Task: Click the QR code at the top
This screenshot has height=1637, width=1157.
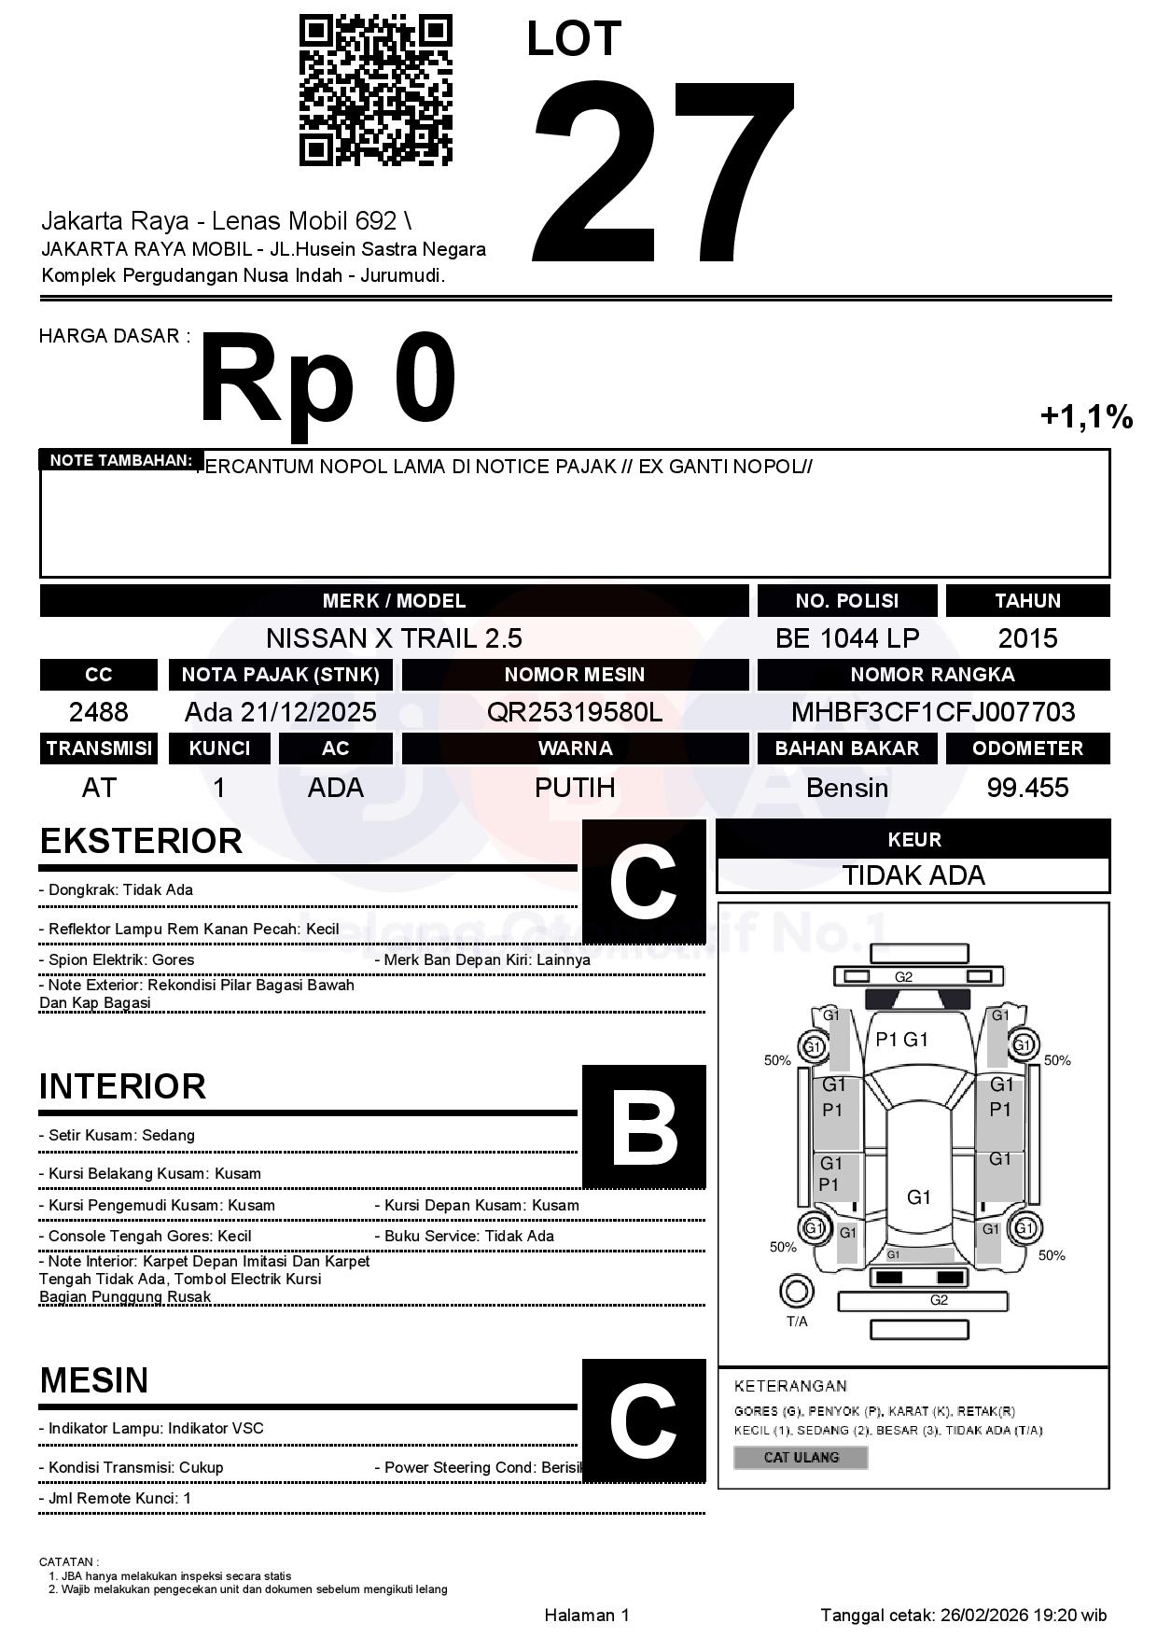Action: pos(375,91)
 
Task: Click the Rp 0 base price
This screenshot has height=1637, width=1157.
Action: pos(328,381)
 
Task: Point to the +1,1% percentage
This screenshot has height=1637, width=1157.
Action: pos(1086,416)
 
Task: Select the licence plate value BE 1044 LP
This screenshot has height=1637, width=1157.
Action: pos(846,638)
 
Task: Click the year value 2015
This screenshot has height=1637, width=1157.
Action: pos(1027,638)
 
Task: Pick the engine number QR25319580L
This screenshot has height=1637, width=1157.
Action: pos(574,712)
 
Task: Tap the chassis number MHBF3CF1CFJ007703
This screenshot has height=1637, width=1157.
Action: pos(933,712)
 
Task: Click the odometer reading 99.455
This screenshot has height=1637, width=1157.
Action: pos(1027,788)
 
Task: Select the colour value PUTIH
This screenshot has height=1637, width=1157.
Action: pos(574,788)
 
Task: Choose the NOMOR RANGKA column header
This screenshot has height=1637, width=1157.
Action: pos(933,674)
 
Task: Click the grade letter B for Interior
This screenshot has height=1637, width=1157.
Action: pos(644,1127)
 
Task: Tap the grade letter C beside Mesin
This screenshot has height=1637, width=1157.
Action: pos(644,1421)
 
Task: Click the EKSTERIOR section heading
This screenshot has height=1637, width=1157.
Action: pos(141,841)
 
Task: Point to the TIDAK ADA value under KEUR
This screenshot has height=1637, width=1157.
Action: pos(913,875)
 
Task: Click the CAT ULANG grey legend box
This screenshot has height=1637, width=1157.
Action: pos(801,1457)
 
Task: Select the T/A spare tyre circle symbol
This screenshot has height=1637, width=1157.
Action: pos(796,1293)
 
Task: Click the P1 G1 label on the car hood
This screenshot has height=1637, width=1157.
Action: pos(901,1040)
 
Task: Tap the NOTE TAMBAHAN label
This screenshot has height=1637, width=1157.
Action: pos(120,460)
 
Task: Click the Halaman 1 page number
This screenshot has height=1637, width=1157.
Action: pos(587,1616)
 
